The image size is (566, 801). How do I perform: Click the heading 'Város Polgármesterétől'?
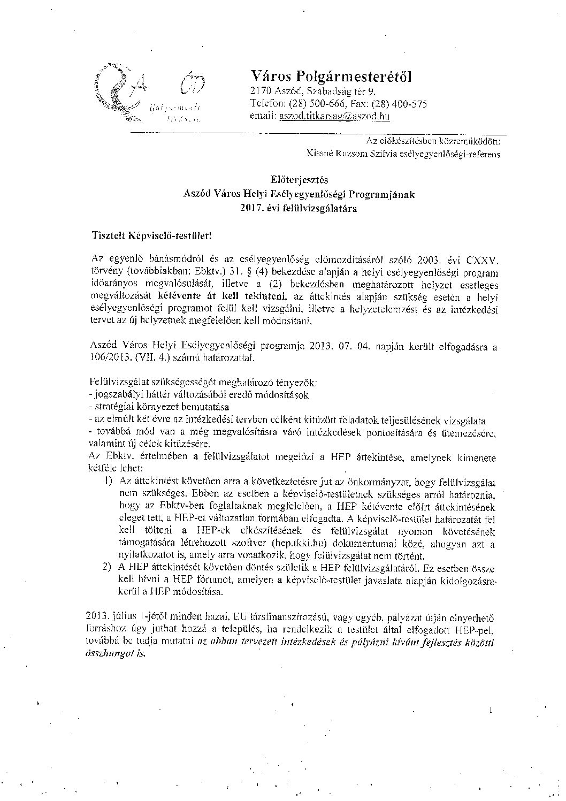(x=331, y=76)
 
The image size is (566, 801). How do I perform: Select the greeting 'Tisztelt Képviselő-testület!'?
(x=150, y=234)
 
